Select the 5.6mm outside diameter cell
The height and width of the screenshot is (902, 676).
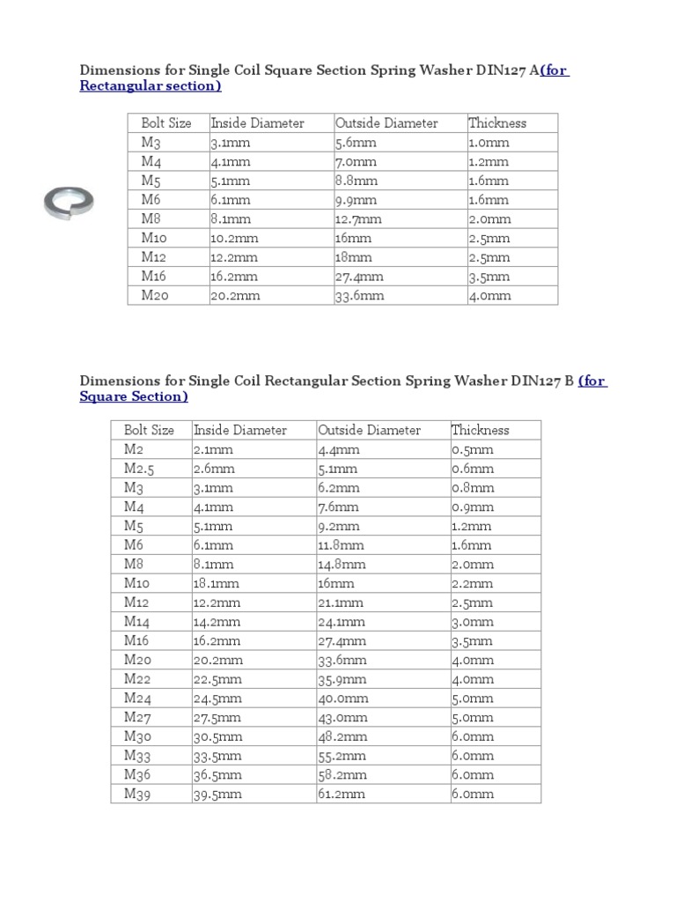click(x=356, y=142)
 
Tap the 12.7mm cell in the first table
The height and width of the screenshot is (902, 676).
click(x=358, y=218)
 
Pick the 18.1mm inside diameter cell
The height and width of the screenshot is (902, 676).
click(x=213, y=583)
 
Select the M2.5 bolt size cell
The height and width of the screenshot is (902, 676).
click(x=139, y=469)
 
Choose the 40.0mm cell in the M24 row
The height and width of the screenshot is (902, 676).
click(x=342, y=698)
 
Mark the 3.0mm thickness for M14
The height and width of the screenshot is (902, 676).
click(x=472, y=621)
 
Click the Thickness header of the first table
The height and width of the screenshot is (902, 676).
click(x=497, y=122)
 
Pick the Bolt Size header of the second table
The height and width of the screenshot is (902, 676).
click(x=149, y=430)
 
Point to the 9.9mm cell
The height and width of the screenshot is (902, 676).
click(x=356, y=199)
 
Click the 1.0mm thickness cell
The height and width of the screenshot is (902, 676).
click(x=489, y=142)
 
